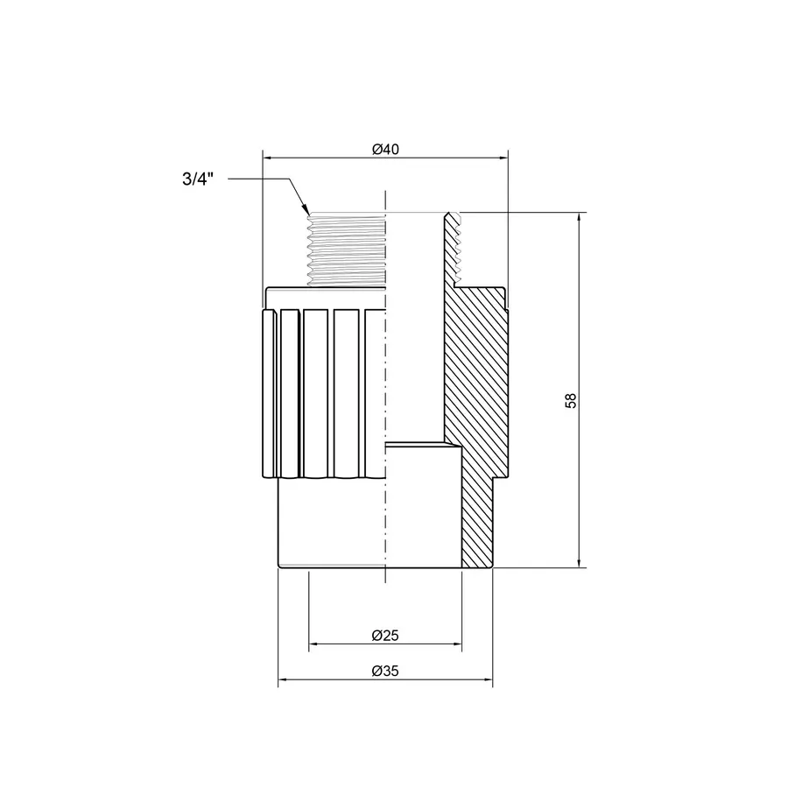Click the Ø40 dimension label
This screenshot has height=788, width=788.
click(x=385, y=150)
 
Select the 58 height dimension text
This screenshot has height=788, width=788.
click(x=571, y=399)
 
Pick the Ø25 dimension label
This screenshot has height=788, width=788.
click(x=385, y=635)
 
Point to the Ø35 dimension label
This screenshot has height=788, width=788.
click(x=385, y=672)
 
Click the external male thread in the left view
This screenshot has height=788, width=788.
click(x=345, y=250)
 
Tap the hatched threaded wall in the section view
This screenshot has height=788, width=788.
click(x=451, y=250)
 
